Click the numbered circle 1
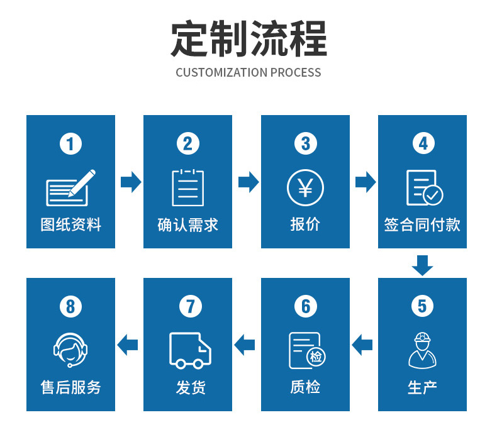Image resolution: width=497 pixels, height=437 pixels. [70, 143]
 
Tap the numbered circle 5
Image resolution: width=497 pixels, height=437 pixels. [422, 306]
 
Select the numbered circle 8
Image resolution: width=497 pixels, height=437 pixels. [70, 306]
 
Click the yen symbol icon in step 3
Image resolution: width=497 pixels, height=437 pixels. [305, 187]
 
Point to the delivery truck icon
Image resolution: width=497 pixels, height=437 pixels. [190, 350]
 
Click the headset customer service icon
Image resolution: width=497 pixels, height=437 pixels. [70, 350]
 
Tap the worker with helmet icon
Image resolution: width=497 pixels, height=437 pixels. [423, 350]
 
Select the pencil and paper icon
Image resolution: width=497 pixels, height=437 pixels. [70, 187]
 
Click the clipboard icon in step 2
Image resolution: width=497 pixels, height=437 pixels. [188, 187]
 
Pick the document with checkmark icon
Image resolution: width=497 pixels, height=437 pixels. [425, 187]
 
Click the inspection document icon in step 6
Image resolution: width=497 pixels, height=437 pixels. [307, 350]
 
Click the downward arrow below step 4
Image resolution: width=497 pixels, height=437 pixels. [423, 265]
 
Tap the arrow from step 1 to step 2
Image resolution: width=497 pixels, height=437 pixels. [131, 182]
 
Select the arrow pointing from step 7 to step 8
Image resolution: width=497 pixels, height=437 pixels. [128, 345]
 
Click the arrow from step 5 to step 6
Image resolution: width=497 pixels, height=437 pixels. [362, 345]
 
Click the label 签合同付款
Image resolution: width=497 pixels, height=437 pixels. [422, 224]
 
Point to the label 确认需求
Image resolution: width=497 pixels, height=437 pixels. [188, 224]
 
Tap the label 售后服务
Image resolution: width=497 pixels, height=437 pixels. [70, 387]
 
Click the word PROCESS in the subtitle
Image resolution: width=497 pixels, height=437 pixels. [296, 72]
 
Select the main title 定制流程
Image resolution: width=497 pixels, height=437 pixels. [248, 38]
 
